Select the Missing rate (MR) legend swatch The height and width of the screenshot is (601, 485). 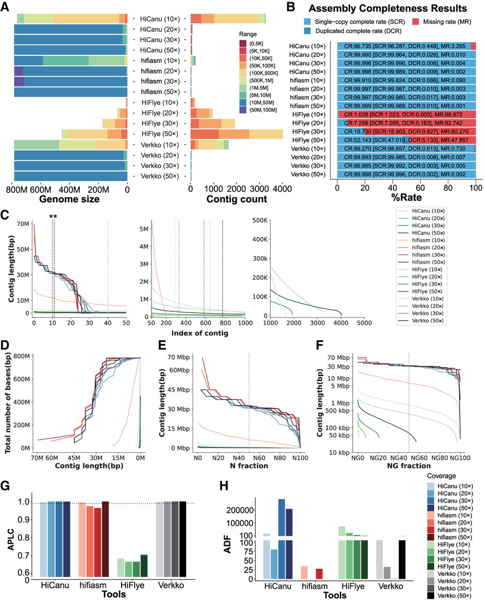click(x=416, y=22)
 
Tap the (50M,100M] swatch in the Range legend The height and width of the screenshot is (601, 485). click(x=243, y=110)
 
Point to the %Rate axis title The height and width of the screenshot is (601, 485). click(x=407, y=197)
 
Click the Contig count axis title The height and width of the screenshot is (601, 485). click(x=237, y=199)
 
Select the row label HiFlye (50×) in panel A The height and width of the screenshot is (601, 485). click(x=160, y=134)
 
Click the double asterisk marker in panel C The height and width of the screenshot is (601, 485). click(x=53, y=216)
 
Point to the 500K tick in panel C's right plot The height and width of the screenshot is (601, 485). click(x=261, y=221)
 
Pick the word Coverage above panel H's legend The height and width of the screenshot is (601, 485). click(x=441, y=476)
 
